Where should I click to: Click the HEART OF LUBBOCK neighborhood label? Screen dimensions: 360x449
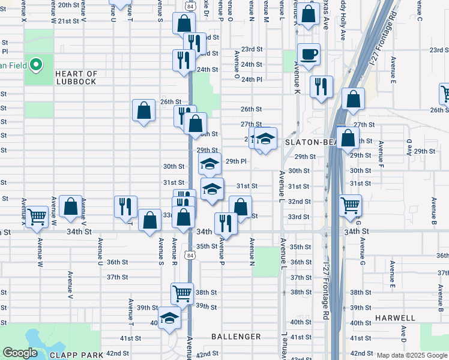point(76,77)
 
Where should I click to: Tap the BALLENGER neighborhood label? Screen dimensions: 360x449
point(236,337)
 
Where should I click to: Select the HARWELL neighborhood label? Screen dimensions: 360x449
point(395,317)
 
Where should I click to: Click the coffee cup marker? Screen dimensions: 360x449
point(309,54)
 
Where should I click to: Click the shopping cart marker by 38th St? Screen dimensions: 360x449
point(182,293)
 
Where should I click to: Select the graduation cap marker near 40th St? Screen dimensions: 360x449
point(169,317)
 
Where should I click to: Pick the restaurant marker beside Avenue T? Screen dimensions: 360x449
point(126,206)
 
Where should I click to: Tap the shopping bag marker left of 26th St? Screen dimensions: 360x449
point(144,110)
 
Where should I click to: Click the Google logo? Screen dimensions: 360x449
point(20,353)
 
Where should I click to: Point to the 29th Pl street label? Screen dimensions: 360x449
point(236,161)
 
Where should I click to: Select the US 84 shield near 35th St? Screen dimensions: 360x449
point(190,255)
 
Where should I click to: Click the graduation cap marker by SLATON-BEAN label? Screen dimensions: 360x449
point(265,139)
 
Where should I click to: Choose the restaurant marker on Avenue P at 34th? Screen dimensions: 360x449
point(225,224)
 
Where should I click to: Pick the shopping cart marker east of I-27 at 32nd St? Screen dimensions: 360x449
point(351,205)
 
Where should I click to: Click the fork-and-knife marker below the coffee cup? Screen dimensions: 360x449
point(321,86)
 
